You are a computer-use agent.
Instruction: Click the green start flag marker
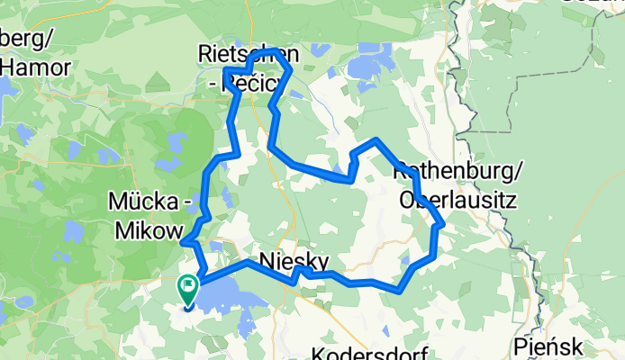[x=188, y=288]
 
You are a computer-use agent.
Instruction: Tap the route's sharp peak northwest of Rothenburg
[x=377, y=140]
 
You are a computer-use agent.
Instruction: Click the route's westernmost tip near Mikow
[x=184, y=240]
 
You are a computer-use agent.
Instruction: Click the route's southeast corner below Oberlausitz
[x=400, y=290]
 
